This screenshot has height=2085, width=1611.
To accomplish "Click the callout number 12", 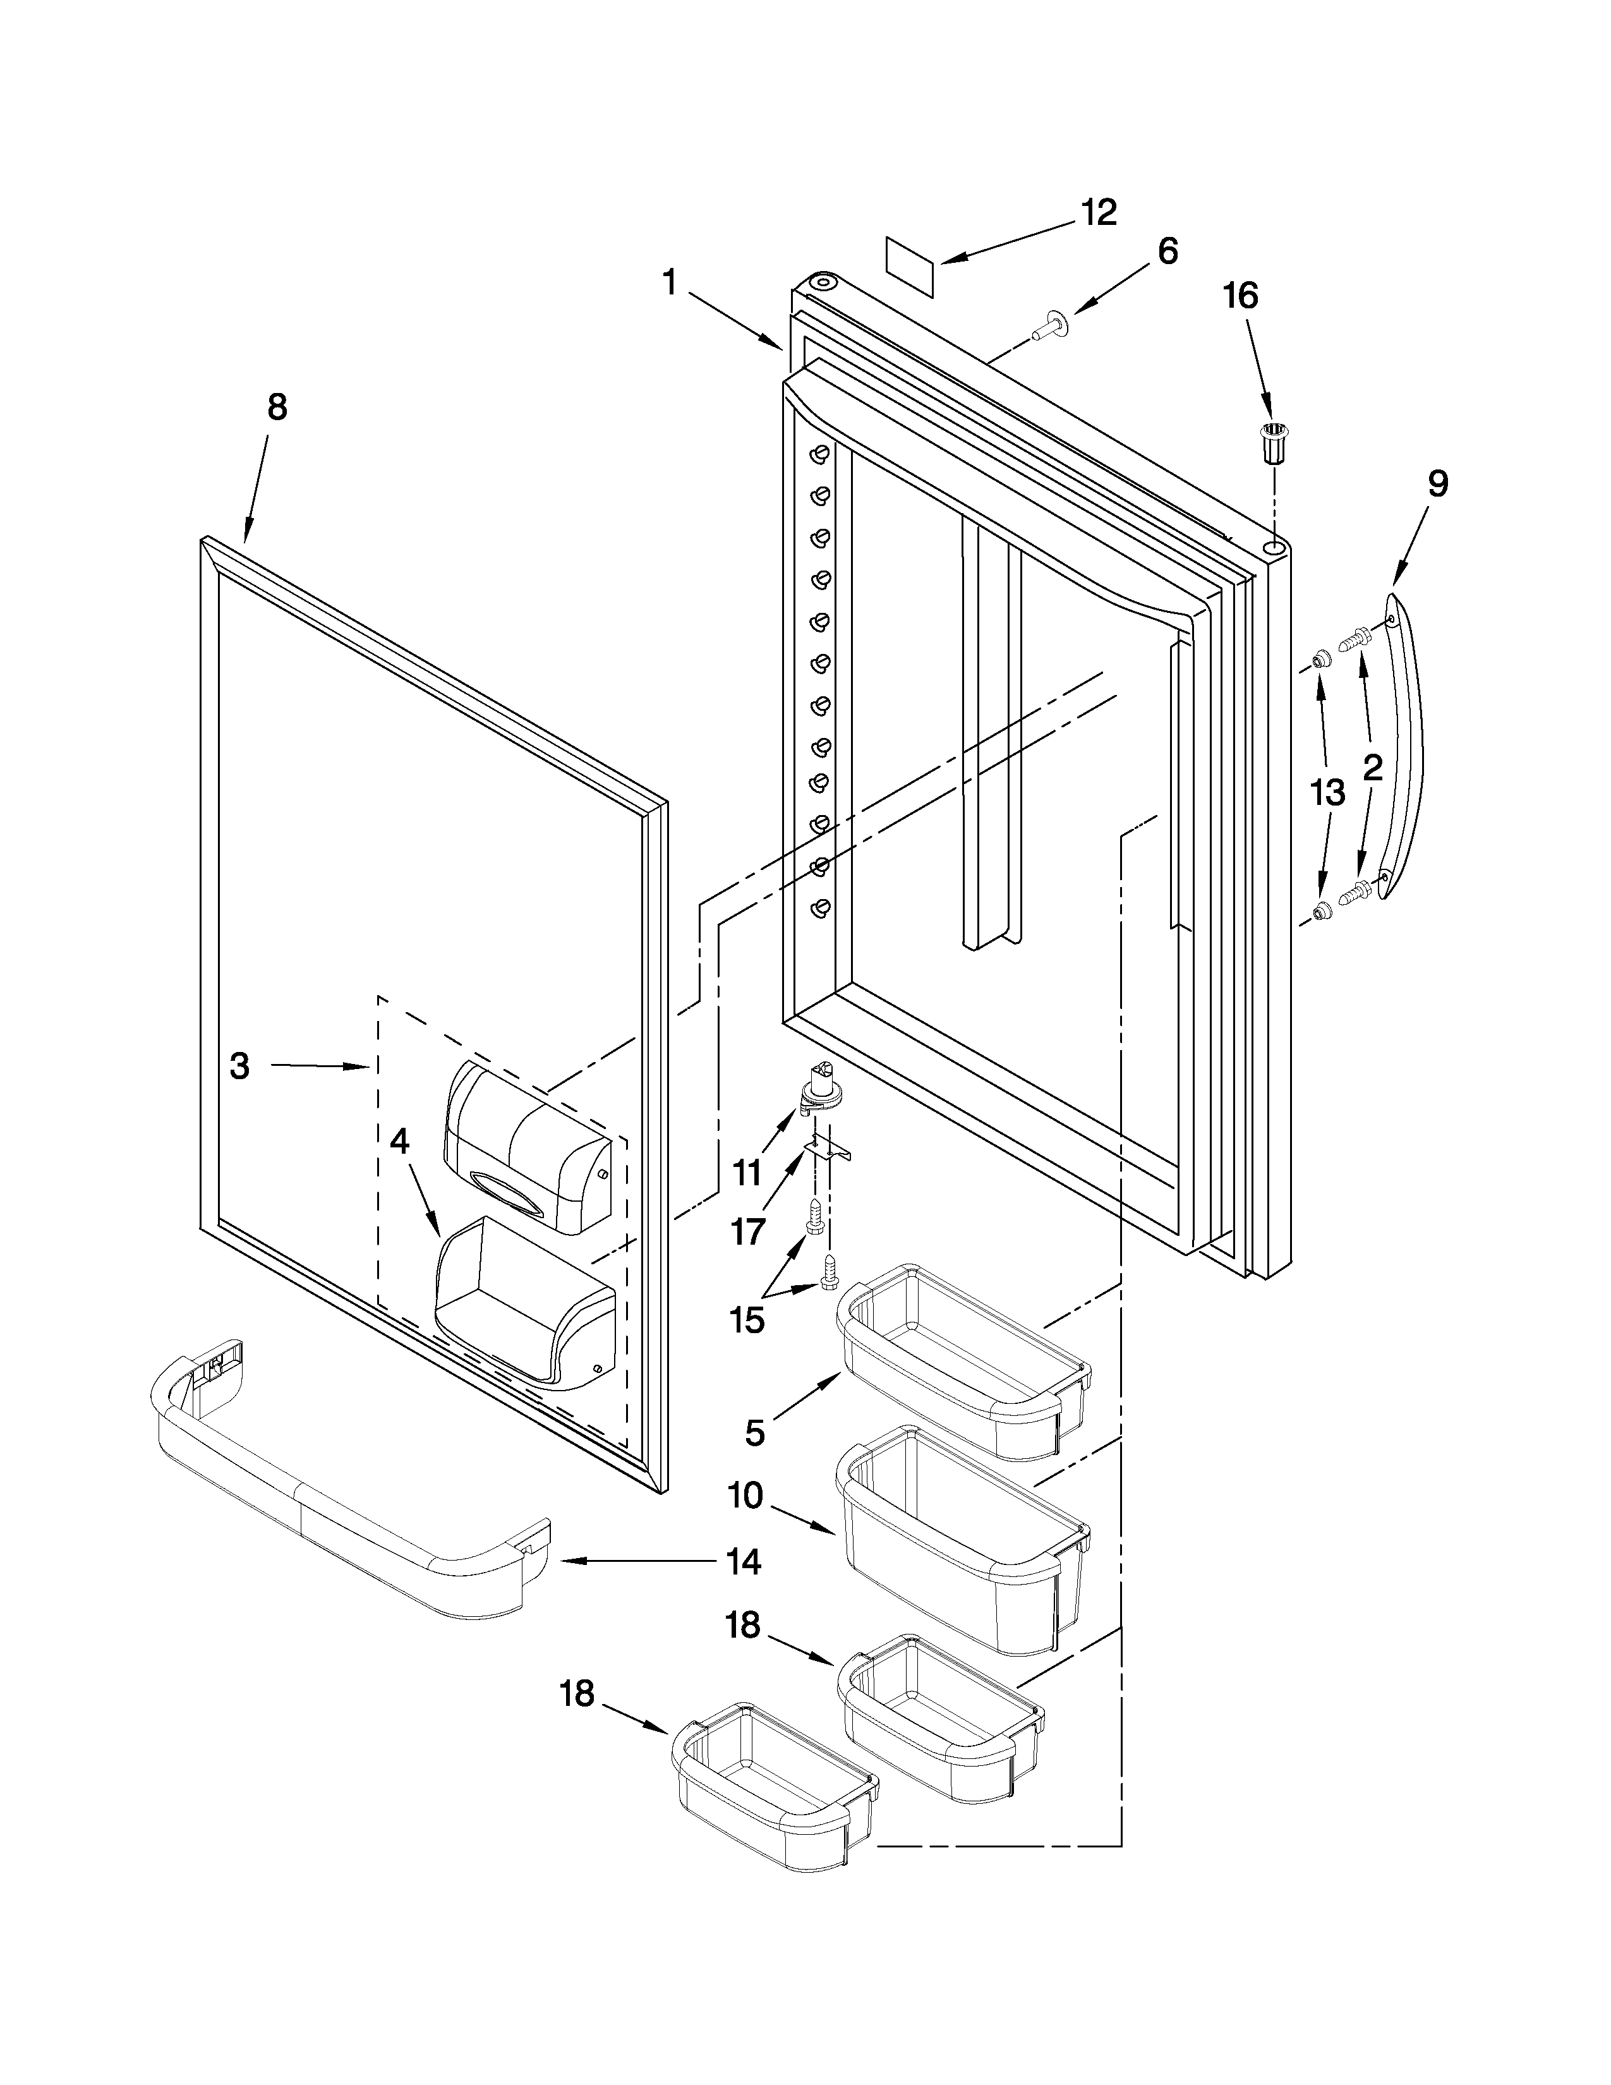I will tap(1099, 213).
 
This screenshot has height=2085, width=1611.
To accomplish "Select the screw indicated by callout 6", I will tap(1050, 325).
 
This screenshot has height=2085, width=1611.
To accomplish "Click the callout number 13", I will tap(1327, 792).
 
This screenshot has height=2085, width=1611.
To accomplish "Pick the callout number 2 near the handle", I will tap(1372, 768).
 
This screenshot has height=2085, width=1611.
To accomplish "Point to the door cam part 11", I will tap(817, 1089).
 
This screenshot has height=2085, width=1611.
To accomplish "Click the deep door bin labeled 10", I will tap(964, 1537).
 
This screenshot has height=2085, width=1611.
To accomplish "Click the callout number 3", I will tap(239, 1067).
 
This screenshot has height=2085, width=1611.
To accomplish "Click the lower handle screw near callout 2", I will tap(1355, 891).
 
